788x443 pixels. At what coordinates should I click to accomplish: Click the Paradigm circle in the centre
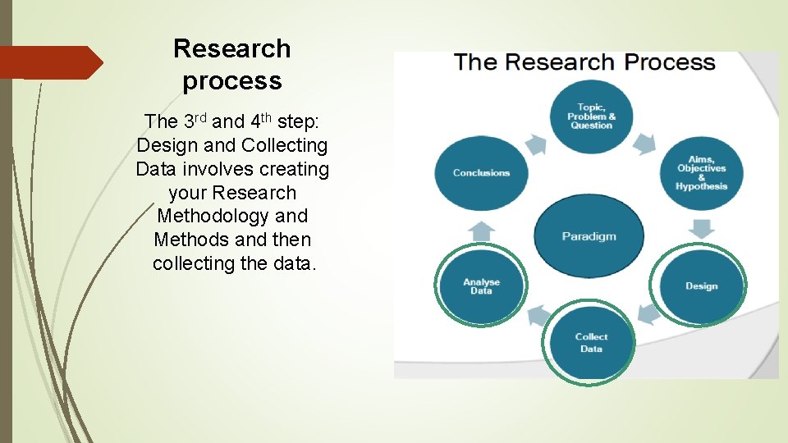589,236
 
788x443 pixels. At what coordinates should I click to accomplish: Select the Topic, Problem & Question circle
591,116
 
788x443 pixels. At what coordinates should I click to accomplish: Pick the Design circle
701,285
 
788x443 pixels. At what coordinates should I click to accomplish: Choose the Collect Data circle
591,343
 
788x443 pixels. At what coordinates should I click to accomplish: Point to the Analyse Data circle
482,285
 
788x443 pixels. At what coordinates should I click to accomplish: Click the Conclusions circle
482,173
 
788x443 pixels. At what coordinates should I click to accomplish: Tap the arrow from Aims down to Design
702,229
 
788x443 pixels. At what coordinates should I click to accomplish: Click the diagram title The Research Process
584,63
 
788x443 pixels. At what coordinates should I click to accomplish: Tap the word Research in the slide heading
232,48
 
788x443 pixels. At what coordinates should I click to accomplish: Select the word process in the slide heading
232,81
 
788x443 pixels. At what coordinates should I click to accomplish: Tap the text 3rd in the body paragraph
194,121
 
